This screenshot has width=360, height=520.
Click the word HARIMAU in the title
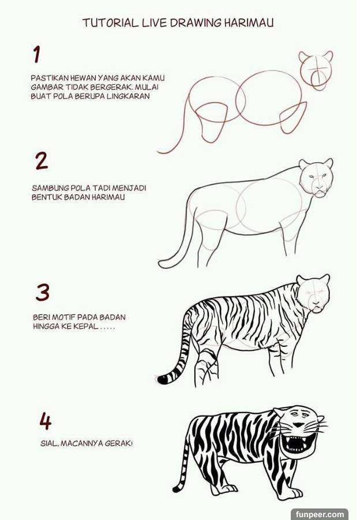coord(249,23)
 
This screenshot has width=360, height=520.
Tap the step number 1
coord(36,54)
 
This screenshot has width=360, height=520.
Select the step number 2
coord(42,161)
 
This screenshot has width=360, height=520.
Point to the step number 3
coord(43,292)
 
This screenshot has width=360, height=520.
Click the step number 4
coord(46,421)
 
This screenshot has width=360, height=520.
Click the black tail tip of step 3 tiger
coord(163,379)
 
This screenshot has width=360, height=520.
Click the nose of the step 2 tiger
coord(319,188)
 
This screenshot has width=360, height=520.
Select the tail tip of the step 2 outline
coord(162,264)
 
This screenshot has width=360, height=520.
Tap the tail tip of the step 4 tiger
coord(176,489)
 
